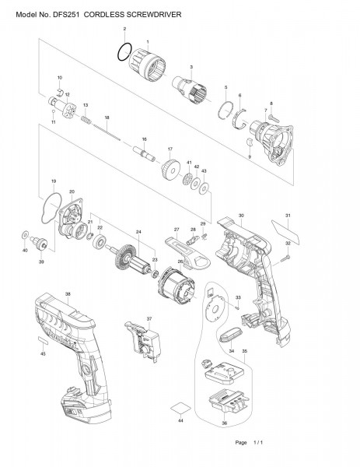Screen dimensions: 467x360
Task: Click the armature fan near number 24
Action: (x=122, y=258)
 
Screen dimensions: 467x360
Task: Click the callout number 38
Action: (x=68, y=294)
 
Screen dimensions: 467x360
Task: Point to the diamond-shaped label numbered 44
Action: (x=180, y=408)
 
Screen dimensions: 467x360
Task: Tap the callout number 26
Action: (x=180, y=262)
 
